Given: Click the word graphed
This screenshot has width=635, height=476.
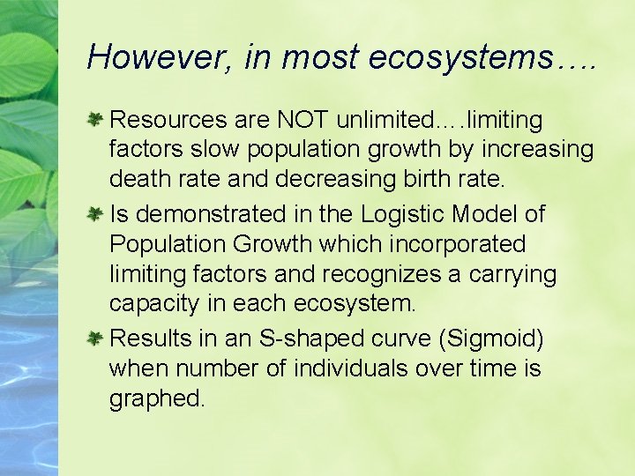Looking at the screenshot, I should [x=157, y=399].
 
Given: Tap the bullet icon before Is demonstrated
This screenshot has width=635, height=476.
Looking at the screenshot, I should [x=97, y=213].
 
